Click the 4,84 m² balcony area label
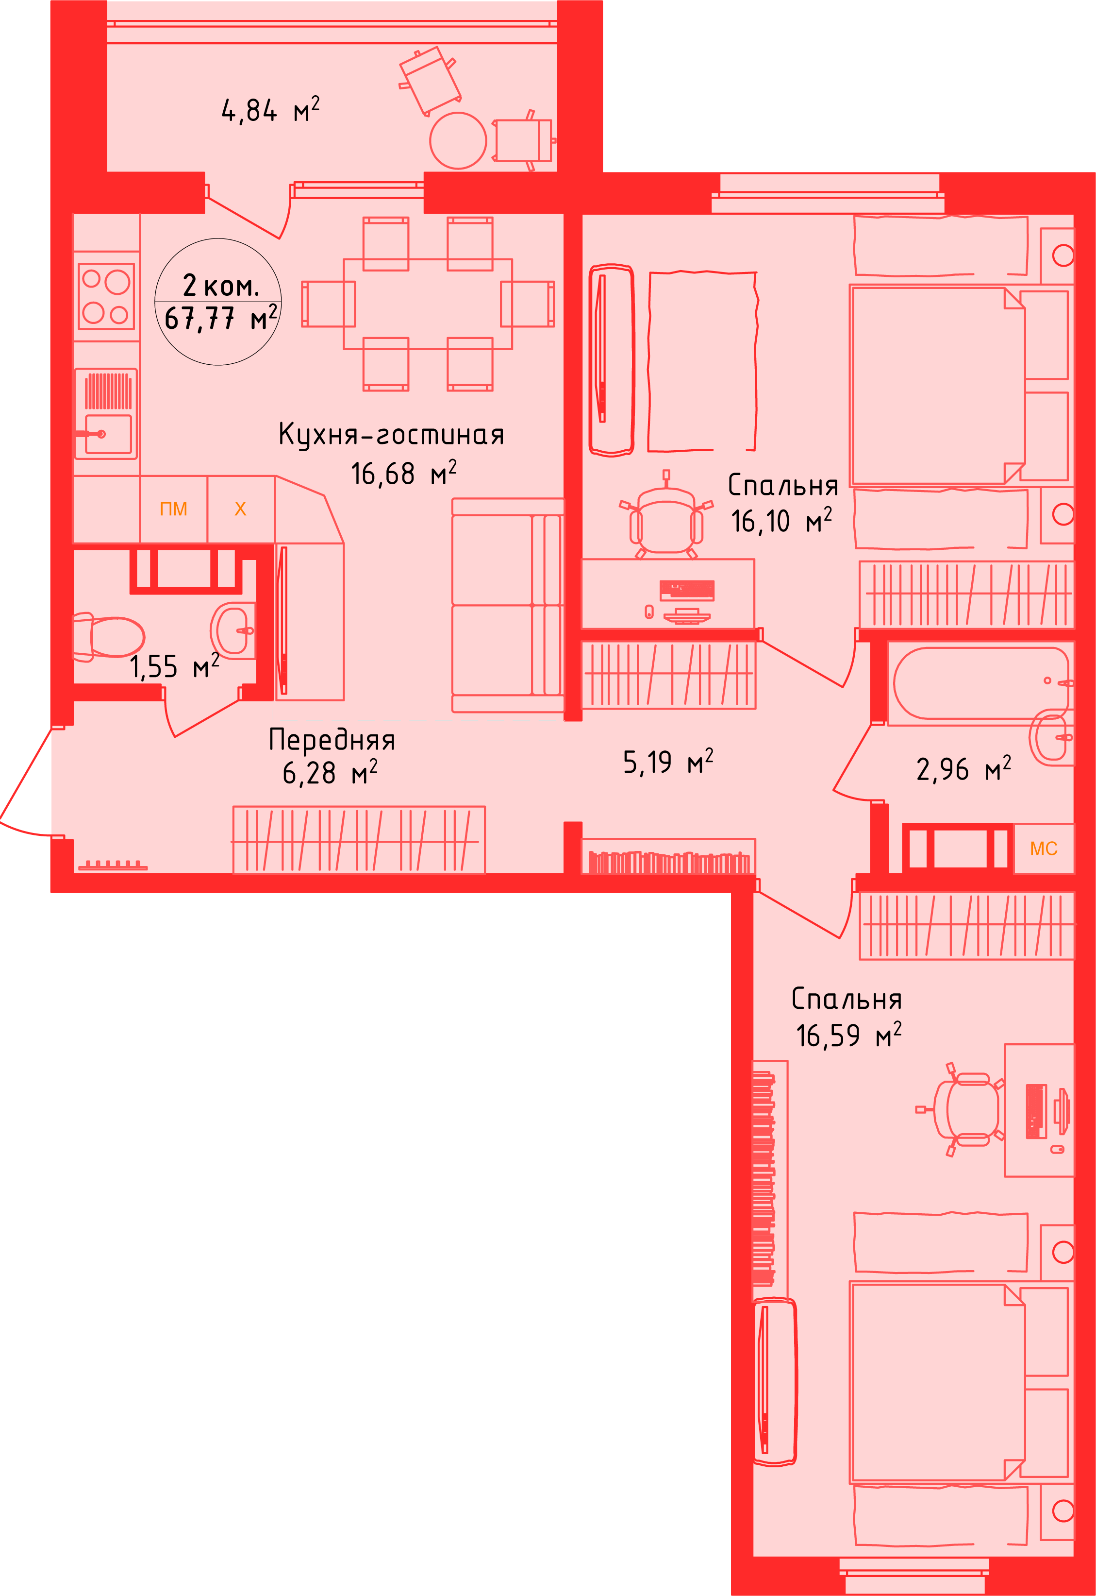(x=270, y=110)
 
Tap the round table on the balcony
(x=458, y=140)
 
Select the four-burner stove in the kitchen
(x=106, y=297)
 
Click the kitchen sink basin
(x=108, y=434)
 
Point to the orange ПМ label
(x=173, y=509)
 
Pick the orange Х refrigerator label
(x=240, y=509)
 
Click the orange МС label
(x=1043, y=849)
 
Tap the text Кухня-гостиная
(x=391, y=435)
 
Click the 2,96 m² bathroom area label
(x=963, y=769)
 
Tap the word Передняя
(x=332, y=740)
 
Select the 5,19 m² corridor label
(x=667, y=763)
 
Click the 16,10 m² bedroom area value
(x=781, y=522)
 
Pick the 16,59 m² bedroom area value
(x=848, y=1036)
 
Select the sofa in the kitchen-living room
(x=508, y=605)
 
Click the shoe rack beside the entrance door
(x=113, y=865)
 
